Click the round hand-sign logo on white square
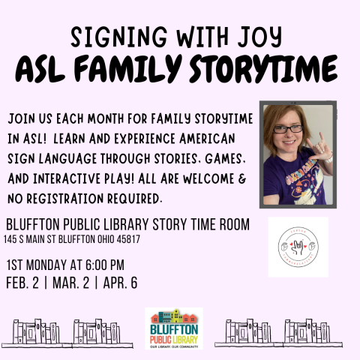coord(298,247)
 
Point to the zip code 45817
coord(147,239)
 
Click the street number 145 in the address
coord(11,239)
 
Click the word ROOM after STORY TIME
coord(228,224)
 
